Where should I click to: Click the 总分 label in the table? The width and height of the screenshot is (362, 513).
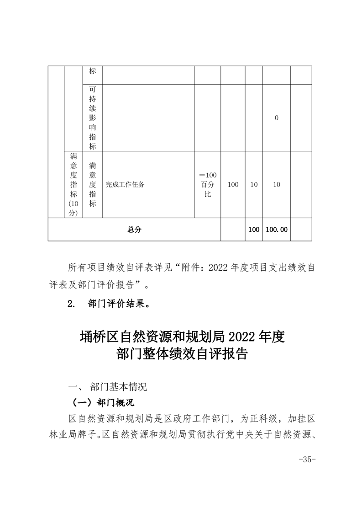134,230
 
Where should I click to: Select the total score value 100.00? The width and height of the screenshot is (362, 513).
276,230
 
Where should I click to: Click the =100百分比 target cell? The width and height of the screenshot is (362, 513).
208,185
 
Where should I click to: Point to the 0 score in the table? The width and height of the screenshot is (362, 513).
277,118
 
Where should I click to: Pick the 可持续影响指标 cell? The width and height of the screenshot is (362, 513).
93,118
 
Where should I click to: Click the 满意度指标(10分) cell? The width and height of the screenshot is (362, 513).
73,185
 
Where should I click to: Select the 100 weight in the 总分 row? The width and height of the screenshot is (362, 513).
254,230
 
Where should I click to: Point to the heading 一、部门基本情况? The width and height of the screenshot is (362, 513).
107,387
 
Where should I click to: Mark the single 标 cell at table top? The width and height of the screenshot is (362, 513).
93,72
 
